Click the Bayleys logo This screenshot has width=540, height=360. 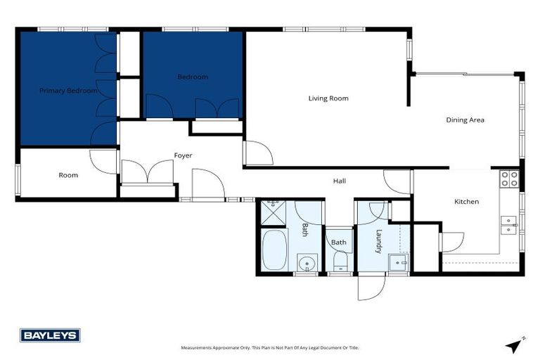(50, 335)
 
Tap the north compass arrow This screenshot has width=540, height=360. (515, 345)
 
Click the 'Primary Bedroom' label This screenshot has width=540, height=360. (68, 91)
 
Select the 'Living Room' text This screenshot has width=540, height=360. (328, 98)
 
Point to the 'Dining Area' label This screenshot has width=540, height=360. (465, 120)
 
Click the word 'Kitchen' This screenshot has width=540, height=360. (466, 202)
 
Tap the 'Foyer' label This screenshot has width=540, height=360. (183, 155)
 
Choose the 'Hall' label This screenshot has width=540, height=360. (339, 181)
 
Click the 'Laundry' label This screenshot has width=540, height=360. (378, 240)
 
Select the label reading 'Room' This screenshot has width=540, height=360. (68, 175)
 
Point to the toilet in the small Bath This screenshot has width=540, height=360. (340, 262)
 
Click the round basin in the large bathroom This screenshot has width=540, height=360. (306, 264)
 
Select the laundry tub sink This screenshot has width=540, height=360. (399, 263)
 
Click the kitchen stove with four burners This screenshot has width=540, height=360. (509, 179)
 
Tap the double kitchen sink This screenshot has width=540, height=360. (509, 224)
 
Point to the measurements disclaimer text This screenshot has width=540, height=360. (269, 347)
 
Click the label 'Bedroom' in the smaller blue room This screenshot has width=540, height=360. (192, 77)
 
